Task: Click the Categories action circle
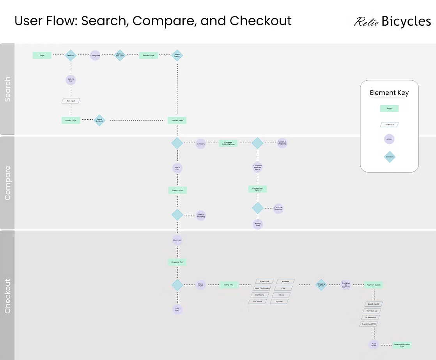click(95, 55)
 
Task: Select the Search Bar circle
click(71, 80)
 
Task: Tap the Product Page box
click(177, 120)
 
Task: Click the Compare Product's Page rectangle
click(228, 143)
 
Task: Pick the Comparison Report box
click(257, 189)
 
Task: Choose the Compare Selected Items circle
click(257, 168)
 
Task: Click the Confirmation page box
click(177, 190)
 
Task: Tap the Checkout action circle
click(177, 240)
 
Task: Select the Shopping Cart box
click(177, 262)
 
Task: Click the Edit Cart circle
click(177, 309)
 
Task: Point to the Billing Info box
click(229, 285)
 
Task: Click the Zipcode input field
click(280, 302)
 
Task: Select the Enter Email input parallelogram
click(264, 281)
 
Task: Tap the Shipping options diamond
click(321, 285)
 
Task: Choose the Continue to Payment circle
click(346, 285)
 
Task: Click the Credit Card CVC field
click(369, 324)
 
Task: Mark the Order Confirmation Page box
click(402, 345)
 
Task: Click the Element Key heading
click(389, 93)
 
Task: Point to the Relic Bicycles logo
click(392, 21)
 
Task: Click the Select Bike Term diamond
click(120, 55)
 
